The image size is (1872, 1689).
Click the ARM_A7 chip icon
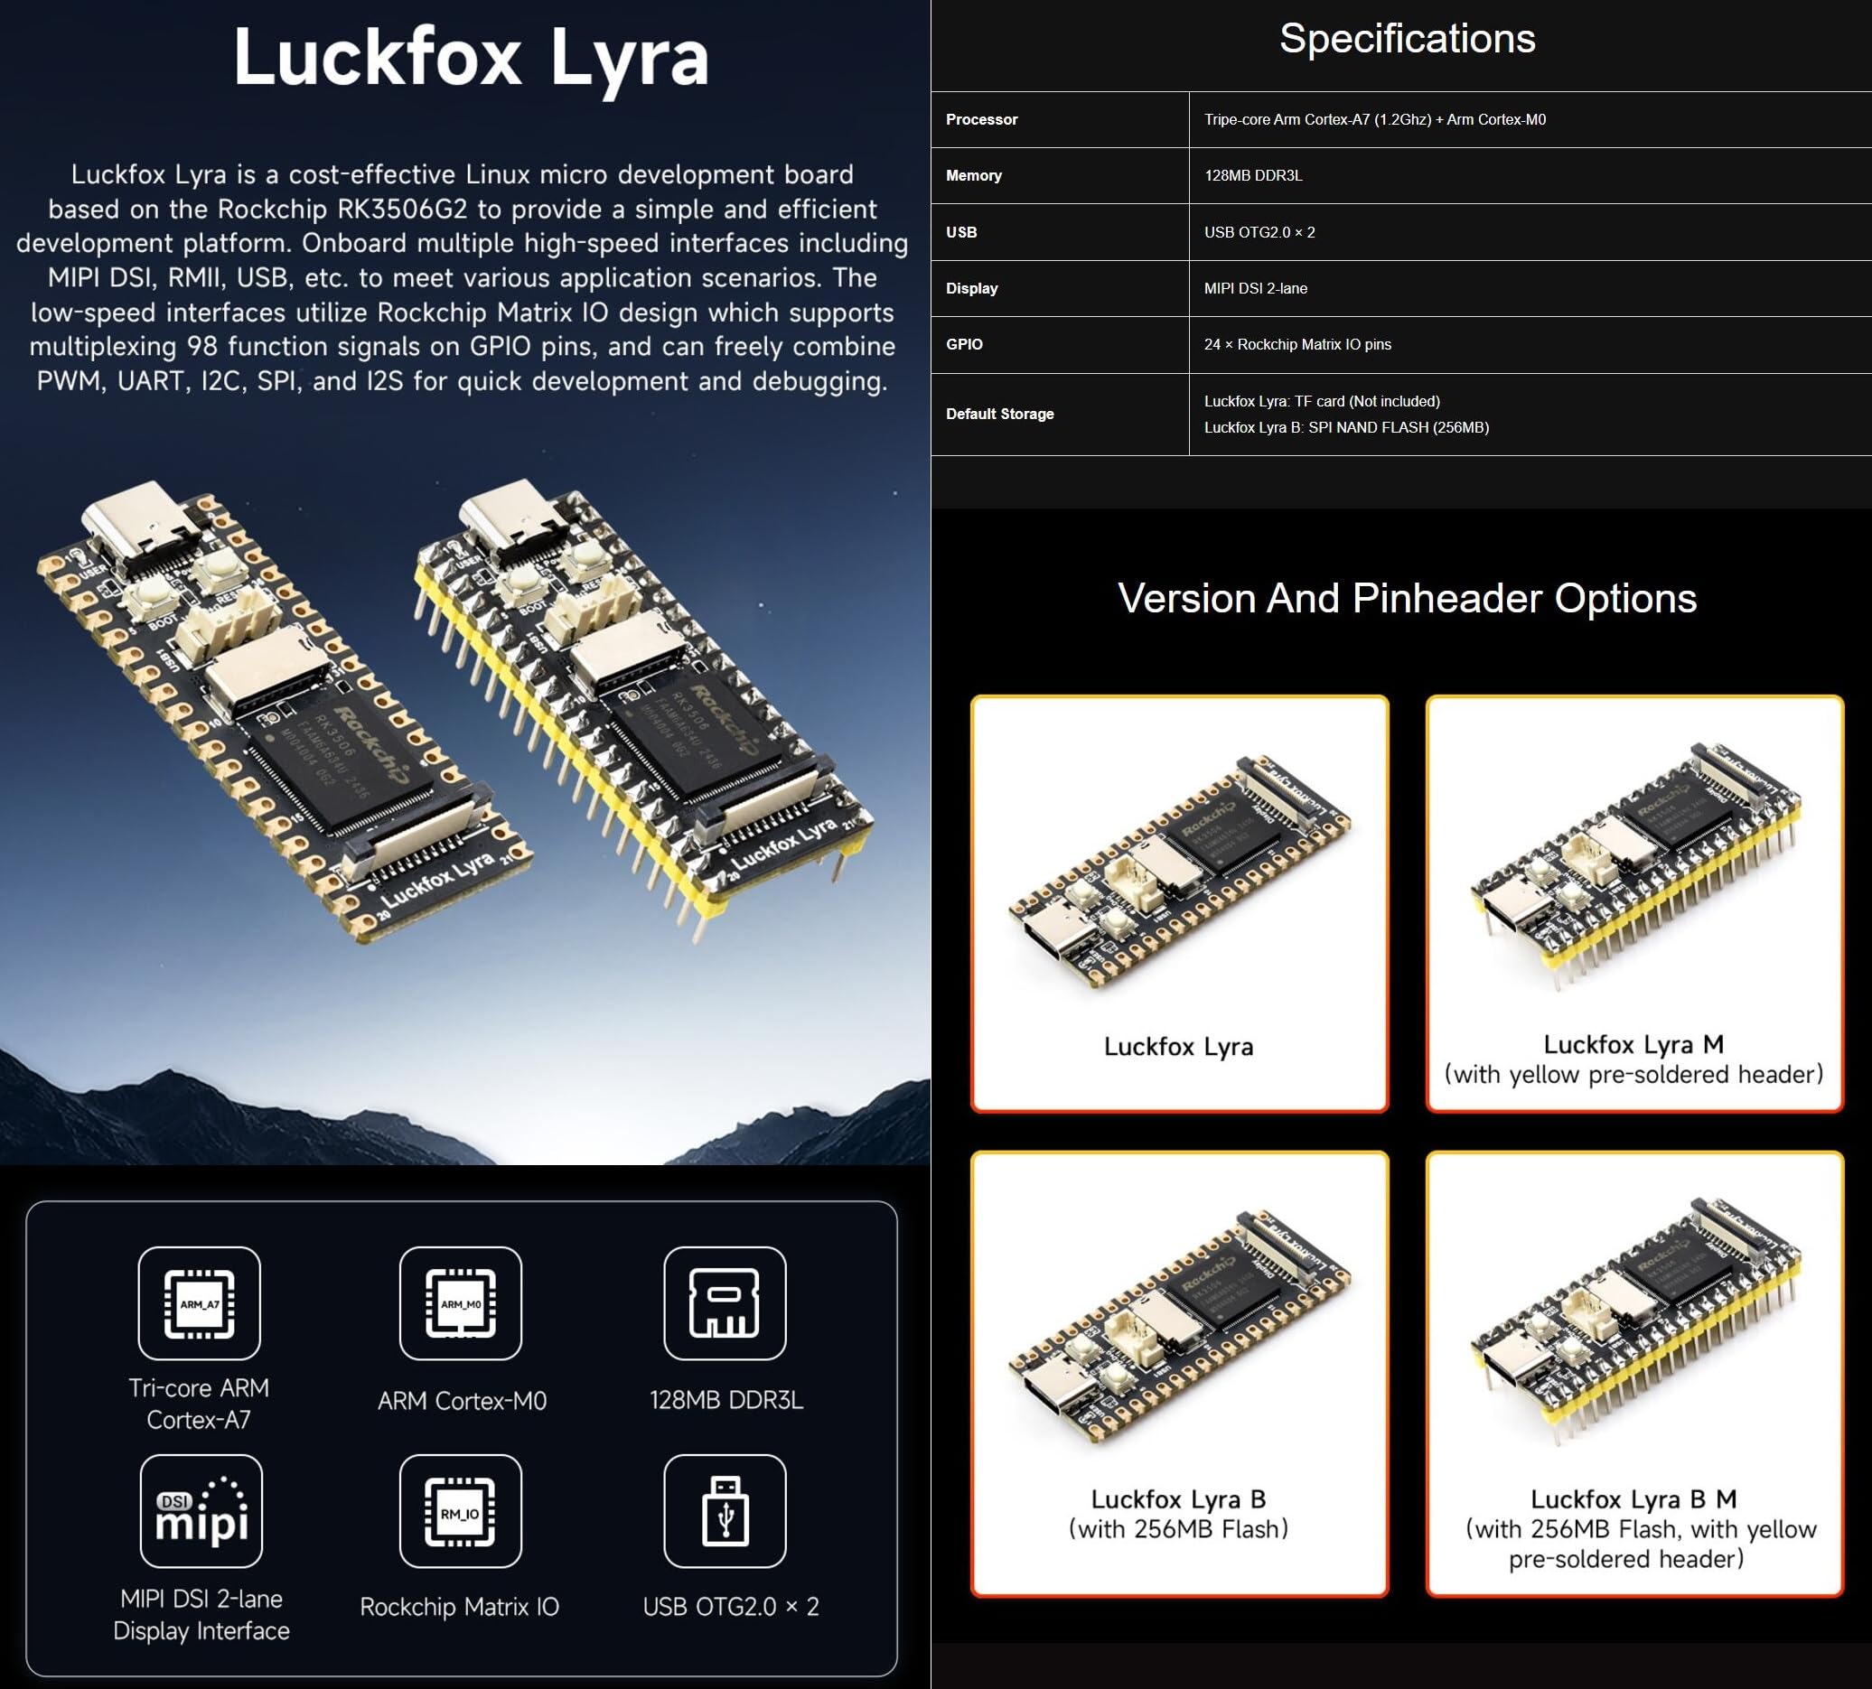(199, 1303)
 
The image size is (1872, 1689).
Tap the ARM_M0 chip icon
(461, 1303)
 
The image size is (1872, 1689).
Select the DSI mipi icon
(201, 1511)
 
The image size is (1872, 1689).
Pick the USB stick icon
(725, 1511)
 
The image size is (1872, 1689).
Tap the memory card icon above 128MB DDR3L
(725, 1303)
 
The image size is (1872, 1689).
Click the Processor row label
(981, 120)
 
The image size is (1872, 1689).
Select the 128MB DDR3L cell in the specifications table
(1253, 175)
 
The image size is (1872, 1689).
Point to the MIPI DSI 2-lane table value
(1255, 289)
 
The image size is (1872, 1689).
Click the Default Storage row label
(998, 414)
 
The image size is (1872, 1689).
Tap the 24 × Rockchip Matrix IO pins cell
(1296, 344)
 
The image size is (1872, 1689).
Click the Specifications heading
(1406, 39)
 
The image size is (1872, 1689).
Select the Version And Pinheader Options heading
(1406, 599)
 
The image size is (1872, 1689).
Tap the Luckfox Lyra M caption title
(1633, 1045)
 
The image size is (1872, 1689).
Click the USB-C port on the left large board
(139, 529)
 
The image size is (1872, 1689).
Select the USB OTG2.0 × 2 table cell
(1259, 232)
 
